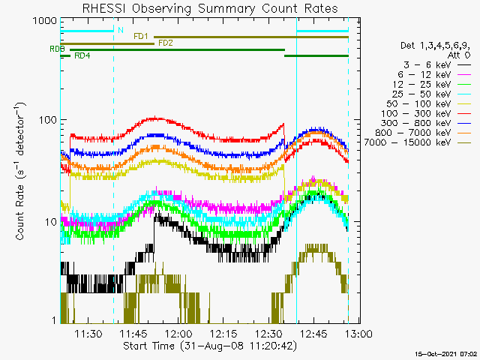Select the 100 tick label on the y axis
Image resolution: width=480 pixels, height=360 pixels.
(x=46, y=121)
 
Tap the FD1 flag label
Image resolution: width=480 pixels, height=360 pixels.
(x=141, y=36)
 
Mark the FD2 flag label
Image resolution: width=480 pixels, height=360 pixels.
(x=166, y=43)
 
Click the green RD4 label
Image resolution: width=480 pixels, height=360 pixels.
(x=82, y=56)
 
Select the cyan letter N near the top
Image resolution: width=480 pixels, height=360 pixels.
(x=120, y=31)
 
